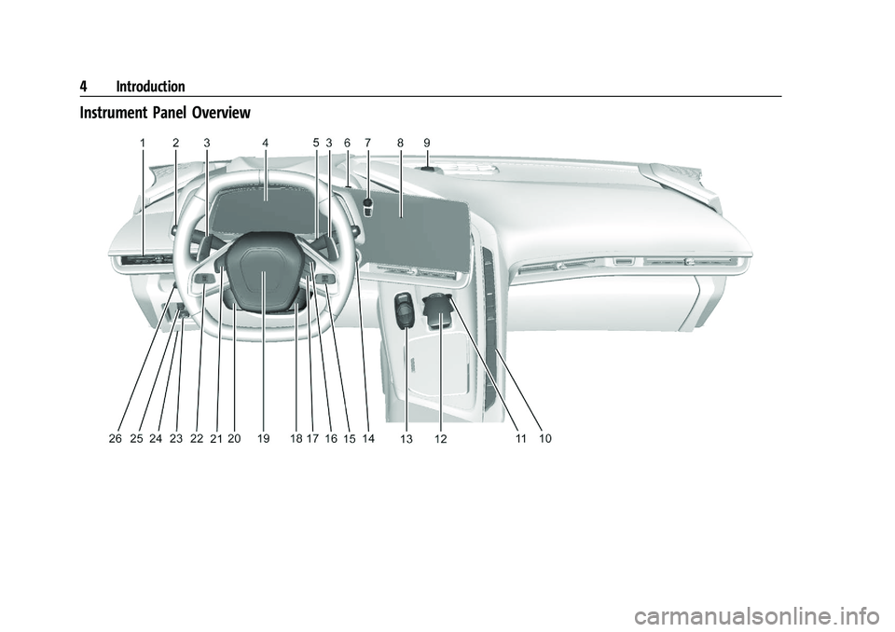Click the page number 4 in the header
click(83, 87)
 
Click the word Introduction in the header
click(150, 87)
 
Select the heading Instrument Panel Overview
click(165, 113)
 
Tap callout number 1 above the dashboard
click(143, 143)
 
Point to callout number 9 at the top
click(427, 143)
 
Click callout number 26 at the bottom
click(116, 438)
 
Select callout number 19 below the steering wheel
click(263, 438)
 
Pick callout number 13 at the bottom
click(406, 439)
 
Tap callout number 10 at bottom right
click(545, 438)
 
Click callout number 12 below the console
click(440, 439)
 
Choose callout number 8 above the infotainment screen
click(400, 143)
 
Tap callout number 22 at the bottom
click(197, 438)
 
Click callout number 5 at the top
click(316, 143)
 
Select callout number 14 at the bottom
click(368, 438)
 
